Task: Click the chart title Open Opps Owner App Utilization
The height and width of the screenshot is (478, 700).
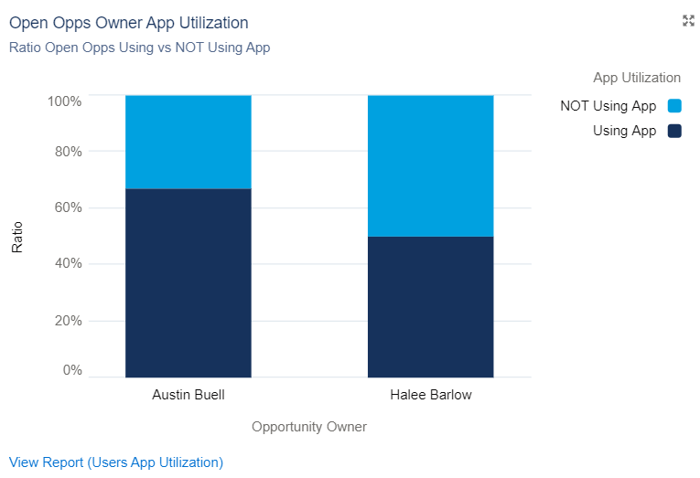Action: click(x=128, y=22)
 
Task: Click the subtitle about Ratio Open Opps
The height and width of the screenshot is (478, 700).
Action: click(x=139, y=48)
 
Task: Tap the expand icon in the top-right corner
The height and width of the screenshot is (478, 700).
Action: click(x=688, y=21)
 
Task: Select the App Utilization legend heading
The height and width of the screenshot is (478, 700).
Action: click(x=636, y=78)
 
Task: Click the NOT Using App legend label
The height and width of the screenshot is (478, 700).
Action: click(x=608, y=106)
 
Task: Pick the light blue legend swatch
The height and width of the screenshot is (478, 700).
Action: click(x=675, y=106)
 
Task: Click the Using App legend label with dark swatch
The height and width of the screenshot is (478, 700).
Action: click(x=624, y=131)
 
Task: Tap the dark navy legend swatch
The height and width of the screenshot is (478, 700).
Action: click(x=675, y=131)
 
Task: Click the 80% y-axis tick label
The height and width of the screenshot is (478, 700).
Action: click(x=67, y=151)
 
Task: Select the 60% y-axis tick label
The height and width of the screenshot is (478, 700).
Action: click(x=67, y=207)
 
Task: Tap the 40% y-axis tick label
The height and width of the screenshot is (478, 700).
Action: click(x=67, y=263)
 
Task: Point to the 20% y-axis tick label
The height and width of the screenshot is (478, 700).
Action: click(x=67, y=321)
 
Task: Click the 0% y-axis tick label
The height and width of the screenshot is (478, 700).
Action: click(x=71, y=370)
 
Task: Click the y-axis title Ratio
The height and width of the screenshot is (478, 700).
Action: click(x=17, y=238)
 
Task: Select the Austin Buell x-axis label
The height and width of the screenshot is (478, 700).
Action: click(x=188, y=395)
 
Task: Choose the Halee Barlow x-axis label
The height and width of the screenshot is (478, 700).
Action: click(x=431, y=395)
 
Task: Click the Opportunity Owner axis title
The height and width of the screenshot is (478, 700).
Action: click(x=309, y=426)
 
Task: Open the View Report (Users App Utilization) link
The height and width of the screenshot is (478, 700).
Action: click(x=116, y=462)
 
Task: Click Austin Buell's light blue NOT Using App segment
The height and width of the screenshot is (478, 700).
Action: click(x=188, y=142)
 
